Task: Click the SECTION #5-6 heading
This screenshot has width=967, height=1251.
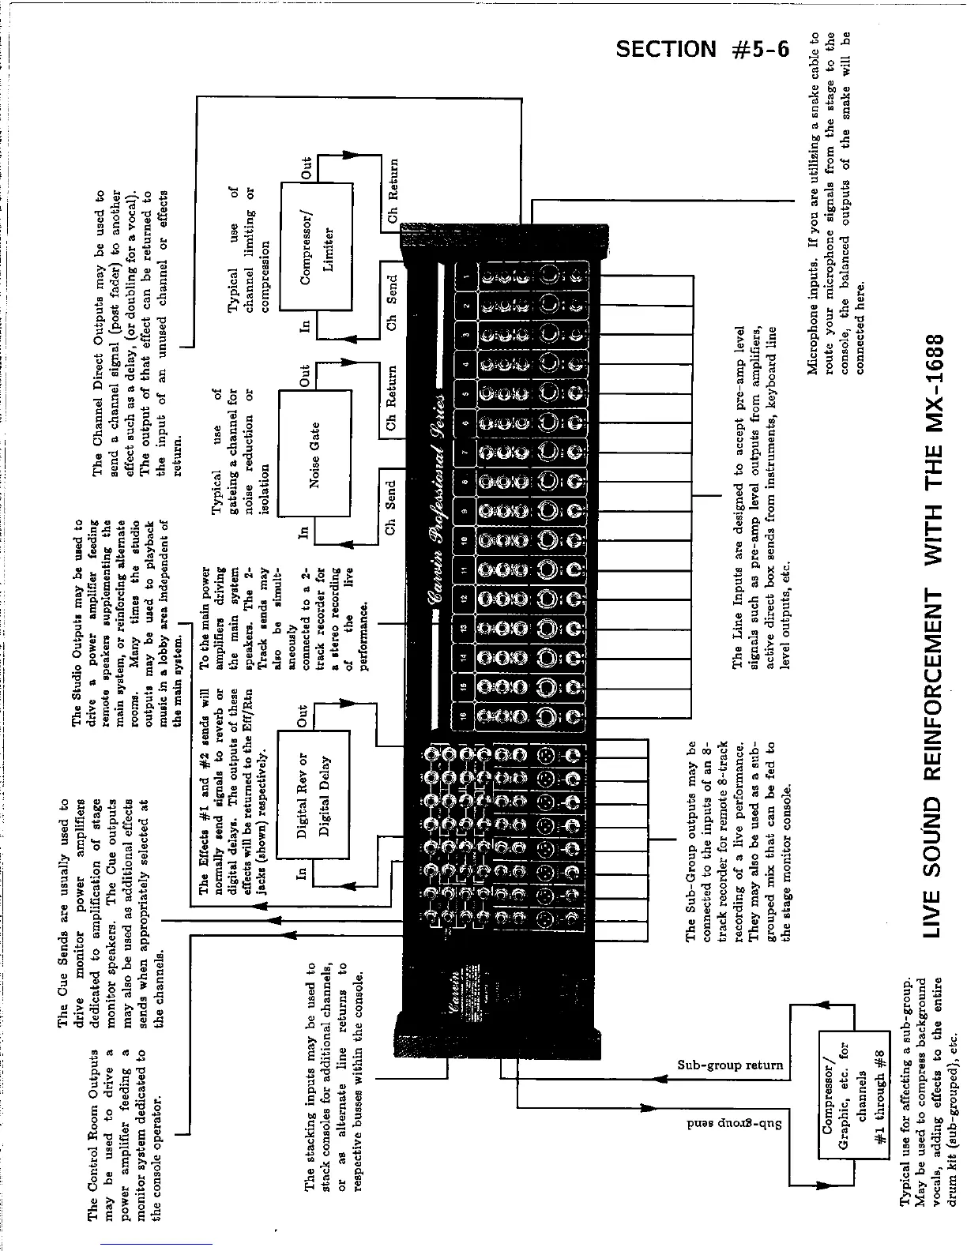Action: click(x=702, y=50)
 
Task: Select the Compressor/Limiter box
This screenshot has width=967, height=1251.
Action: click(x=316, y=248)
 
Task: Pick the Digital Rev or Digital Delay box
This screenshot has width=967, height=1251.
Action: click(x=314, y=795)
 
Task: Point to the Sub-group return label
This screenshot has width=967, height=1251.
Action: click(x=729, y=1065)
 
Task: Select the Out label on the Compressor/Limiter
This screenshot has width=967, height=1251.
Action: click(x=308, y=168)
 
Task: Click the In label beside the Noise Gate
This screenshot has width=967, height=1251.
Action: click(x=304, y=533)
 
